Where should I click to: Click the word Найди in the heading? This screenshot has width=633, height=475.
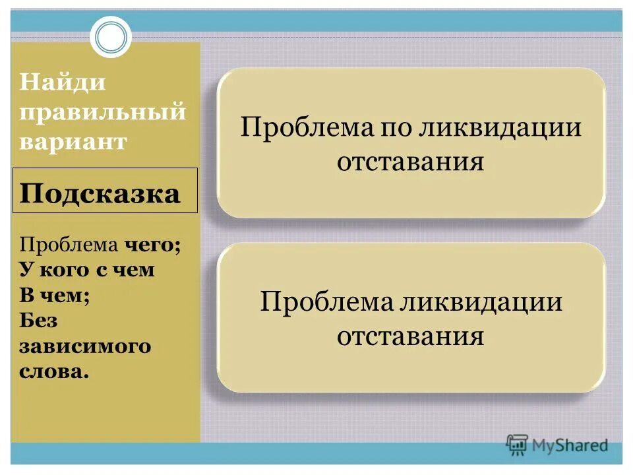click(63, 84)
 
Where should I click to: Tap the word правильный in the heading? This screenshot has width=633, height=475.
click(103, 113)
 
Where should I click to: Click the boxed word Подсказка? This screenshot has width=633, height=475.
click(100, 194)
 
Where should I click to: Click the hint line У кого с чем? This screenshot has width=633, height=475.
click(86, 270)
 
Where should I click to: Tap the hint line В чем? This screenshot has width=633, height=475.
click(54, 295)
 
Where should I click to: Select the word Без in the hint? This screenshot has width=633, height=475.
click(38, 320)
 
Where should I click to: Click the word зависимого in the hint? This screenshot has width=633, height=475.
click(85, 346)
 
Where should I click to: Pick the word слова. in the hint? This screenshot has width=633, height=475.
click(53, 371)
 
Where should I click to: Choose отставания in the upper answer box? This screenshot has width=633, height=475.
click(411, 162)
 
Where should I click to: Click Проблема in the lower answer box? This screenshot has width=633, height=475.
click(326, 302)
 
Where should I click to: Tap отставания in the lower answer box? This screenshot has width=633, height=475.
click(411, 337)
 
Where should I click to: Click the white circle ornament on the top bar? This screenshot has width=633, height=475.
click(110, 37)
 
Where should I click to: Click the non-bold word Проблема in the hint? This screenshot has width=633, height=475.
click(68, 246)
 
